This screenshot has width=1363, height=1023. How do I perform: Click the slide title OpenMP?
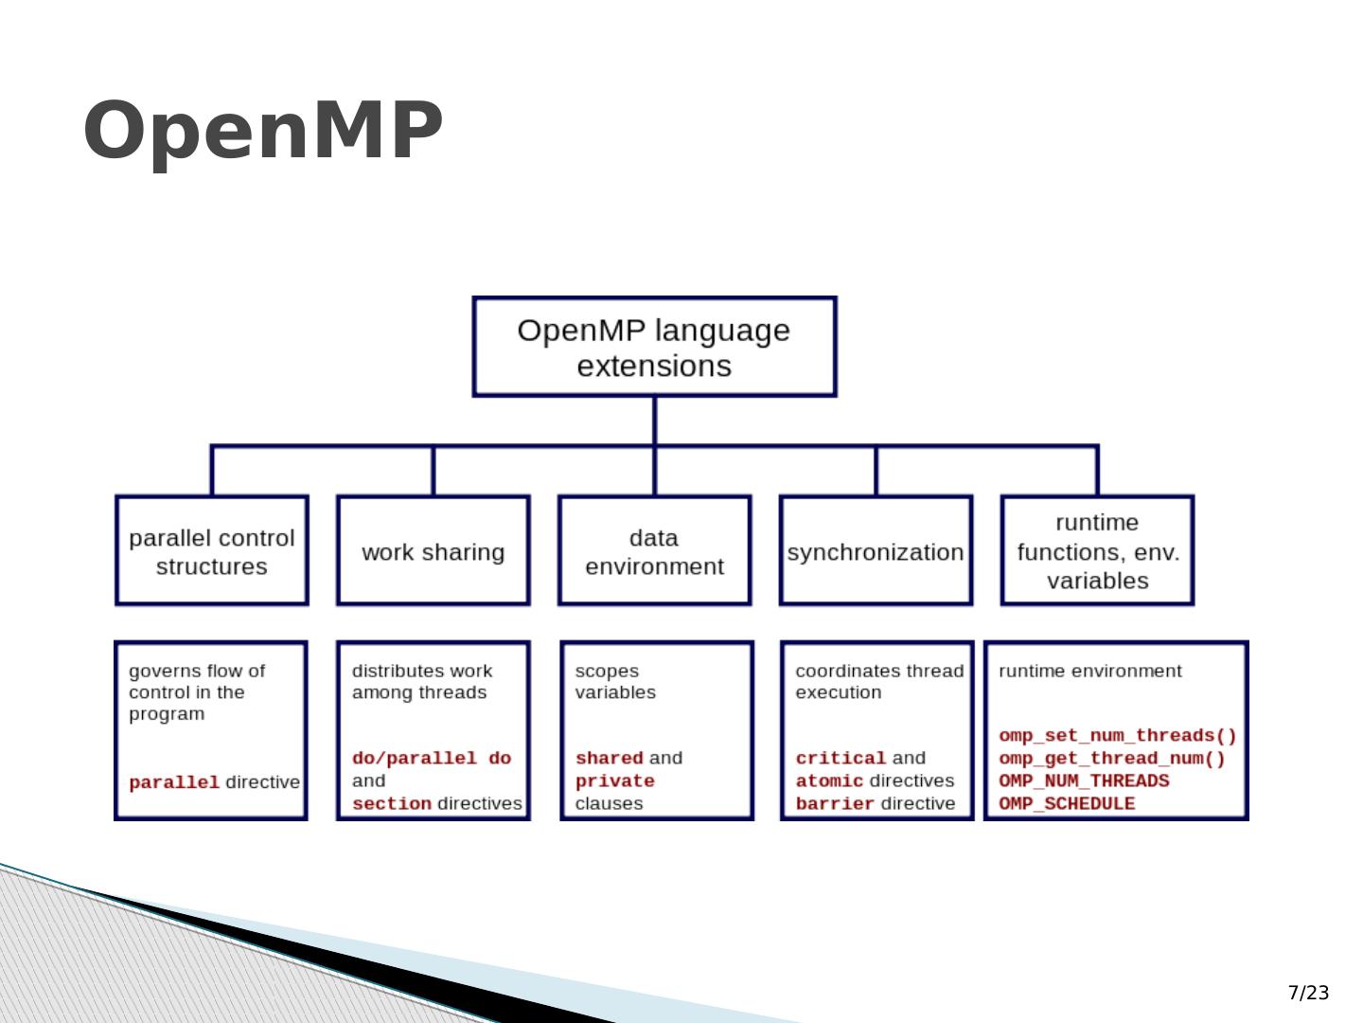(263, 132)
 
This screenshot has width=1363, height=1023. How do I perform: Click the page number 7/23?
(1308, 993)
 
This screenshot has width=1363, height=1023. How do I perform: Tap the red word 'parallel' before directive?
(174, 782)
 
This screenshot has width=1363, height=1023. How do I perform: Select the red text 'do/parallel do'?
(432, 759)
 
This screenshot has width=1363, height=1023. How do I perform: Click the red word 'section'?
(392, 804)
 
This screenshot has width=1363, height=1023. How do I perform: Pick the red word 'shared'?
(610, 759)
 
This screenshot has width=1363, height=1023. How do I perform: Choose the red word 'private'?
(614, 781)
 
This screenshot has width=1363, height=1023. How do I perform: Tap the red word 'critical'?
(841, 759)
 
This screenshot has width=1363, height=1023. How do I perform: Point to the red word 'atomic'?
(829, 781)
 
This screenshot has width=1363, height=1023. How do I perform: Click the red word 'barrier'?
(835, 804)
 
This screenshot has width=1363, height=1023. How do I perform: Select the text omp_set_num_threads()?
(1118, 736)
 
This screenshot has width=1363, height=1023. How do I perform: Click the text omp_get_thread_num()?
(1112, 759)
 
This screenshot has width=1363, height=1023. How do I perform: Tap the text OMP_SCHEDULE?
(1067, 804)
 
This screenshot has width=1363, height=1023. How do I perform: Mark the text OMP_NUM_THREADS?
(1084, 781)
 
